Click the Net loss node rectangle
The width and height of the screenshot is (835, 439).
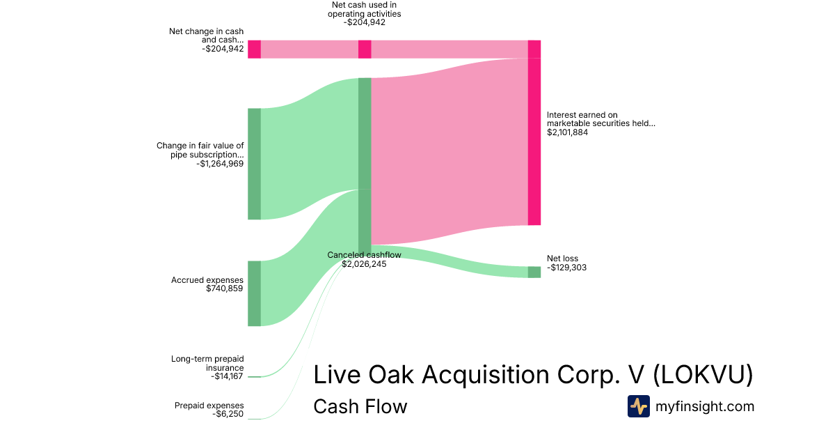(x=534, y=272)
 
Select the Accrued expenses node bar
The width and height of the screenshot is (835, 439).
(x=254, y=293)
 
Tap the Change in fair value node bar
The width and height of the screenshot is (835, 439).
(x=254, y=164)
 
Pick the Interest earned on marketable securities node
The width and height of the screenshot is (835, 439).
(x=534, y=141)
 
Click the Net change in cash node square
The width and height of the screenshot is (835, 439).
(x=254, y=49)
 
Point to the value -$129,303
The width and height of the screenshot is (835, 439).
(x=566, y=268)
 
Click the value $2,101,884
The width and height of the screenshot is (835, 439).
(x=567, y=132)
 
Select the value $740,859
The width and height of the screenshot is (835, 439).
(x=224, y=288)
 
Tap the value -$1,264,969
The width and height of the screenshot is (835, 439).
(x=220, y=164)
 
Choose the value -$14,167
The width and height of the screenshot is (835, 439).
(x=227, y=376)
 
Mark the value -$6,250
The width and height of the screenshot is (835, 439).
(x=228, y=414)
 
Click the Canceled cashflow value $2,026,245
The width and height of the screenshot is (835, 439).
(x=364, y=264)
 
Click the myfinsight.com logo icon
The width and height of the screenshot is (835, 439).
(x=639, y=406)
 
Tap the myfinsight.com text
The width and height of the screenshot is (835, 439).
(x=705, y=406)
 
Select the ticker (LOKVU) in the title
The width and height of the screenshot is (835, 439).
(x=703, y=375)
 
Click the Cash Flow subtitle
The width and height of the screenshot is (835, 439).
(x=360, y=406)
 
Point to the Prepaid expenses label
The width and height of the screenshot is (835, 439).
(x=209, y=406)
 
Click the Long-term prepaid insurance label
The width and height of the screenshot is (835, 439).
(x=207, y=363)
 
